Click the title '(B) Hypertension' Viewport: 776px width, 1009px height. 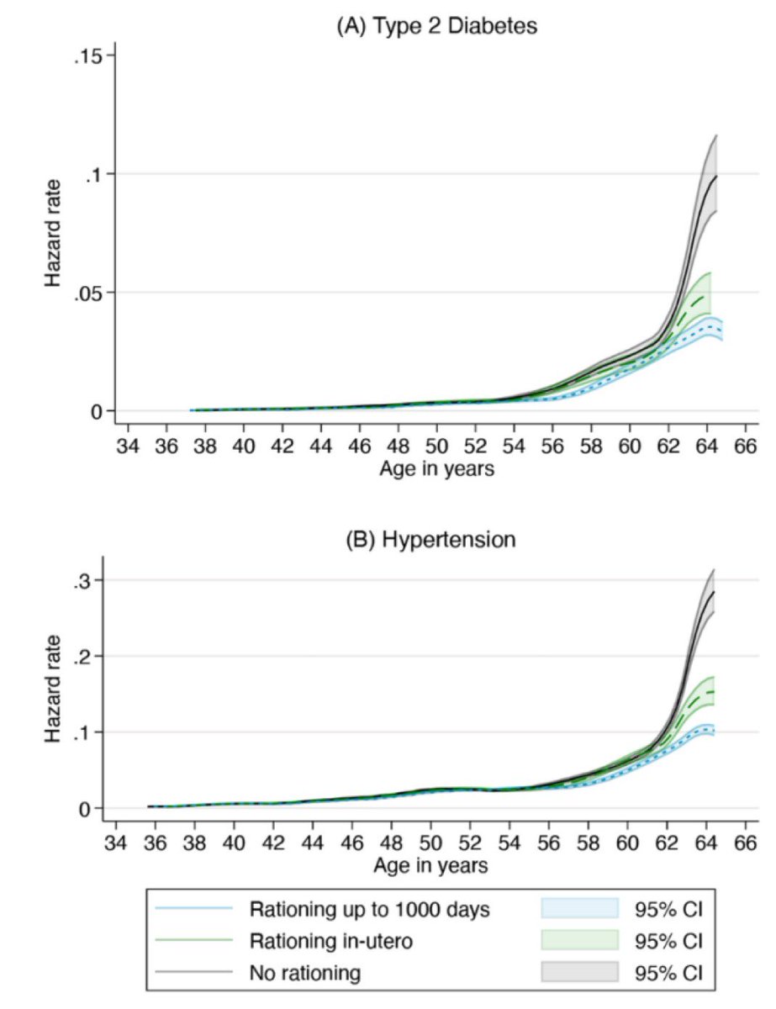431,540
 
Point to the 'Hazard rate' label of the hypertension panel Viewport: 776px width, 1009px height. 54,694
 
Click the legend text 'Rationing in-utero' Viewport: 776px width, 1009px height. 330,941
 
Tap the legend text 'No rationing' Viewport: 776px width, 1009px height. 305,974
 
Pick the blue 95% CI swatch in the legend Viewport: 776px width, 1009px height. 578,908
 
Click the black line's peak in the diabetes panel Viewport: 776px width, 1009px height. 715,177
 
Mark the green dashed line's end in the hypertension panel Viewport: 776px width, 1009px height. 713,692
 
